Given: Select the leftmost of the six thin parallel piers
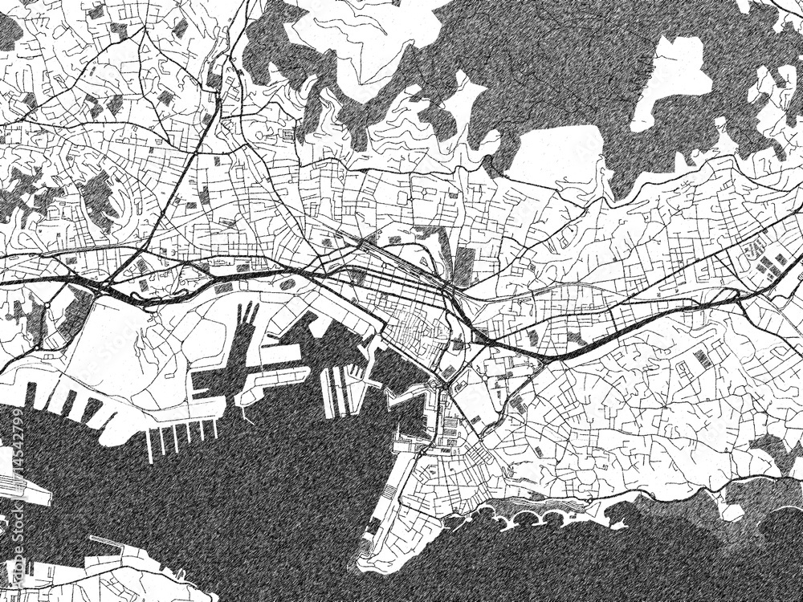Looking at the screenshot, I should [x=149, y=445].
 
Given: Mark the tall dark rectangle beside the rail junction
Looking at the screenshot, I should [x=464, y=266].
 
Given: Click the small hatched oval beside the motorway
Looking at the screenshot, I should [x=287, y=283].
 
